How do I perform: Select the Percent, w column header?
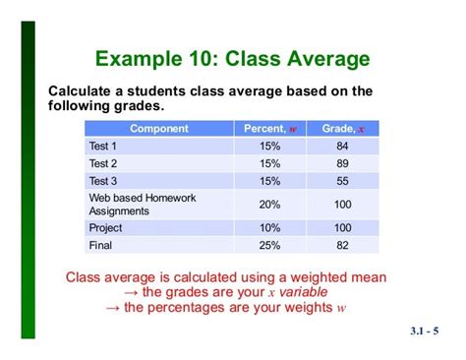pos(269,128)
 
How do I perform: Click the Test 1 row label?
pos(103,146)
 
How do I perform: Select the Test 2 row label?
pos(103,163)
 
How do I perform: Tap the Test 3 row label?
pos(103,181)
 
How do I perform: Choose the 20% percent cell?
pos(269,204)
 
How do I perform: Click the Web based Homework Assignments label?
pos(142,204)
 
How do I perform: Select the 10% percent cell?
pos(269,227)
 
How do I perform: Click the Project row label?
pos(106,227)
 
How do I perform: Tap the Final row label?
pos(100,245)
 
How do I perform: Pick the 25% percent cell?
pos(269,245)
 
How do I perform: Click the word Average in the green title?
pos(319,59)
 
